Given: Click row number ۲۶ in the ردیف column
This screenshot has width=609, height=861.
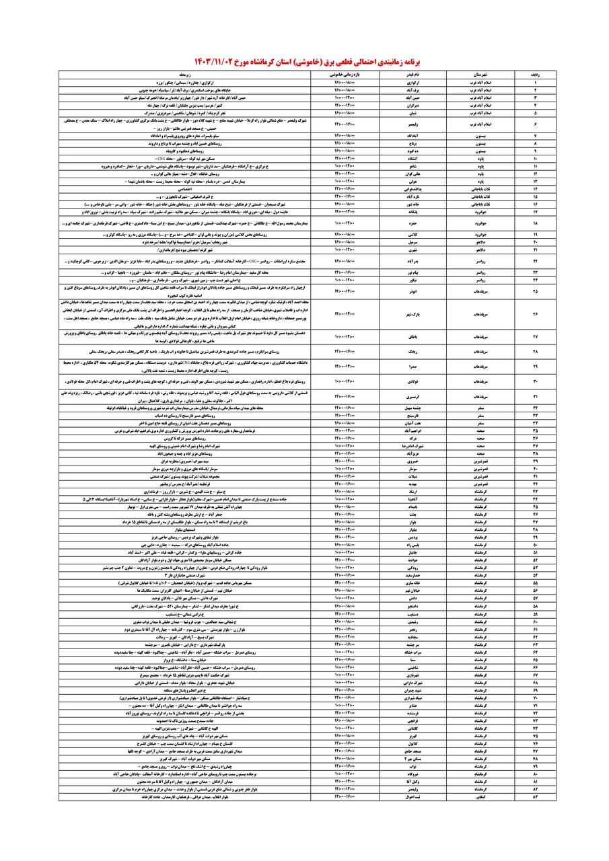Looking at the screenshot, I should tap(535, 313).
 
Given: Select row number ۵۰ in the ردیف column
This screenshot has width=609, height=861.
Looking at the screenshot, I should tap(535, 544).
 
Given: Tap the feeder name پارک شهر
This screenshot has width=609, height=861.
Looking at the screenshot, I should tap(415, 313).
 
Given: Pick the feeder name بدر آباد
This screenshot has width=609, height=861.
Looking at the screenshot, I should tap(415, 260).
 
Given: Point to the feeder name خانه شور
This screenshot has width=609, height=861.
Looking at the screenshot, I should tap(415, 202).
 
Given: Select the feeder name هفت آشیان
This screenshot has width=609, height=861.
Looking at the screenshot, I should tap(415, 423).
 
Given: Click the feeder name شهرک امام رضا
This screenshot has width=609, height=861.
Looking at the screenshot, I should tap(415, 445).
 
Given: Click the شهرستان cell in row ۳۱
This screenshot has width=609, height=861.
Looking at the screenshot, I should tap(480, 397).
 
